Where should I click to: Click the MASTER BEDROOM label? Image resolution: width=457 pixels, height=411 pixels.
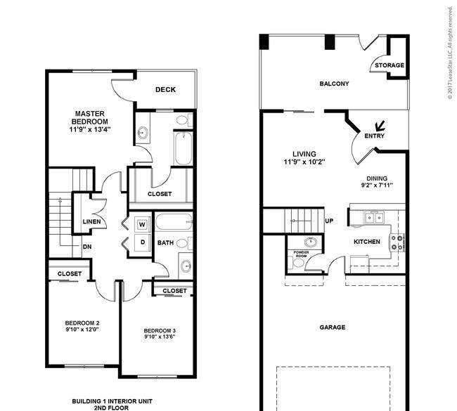coord(90,117)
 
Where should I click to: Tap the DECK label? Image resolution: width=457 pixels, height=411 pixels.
coord(165,89)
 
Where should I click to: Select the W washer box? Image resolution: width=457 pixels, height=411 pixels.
coord(142,225)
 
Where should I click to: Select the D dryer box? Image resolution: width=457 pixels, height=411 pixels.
coord(142,242)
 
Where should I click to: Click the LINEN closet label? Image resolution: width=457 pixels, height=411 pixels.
coord(91,223)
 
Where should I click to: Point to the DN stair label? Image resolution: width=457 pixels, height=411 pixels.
coord(88,247)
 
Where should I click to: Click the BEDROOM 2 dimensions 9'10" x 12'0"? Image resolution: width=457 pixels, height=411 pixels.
coord(82,328)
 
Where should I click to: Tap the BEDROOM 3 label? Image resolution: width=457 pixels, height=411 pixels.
coord(159,330)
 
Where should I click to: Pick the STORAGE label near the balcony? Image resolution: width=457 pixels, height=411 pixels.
coord(389,65)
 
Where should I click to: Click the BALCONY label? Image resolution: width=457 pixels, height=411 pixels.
coord(334,84)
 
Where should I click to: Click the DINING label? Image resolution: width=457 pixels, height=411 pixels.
coord(376,178)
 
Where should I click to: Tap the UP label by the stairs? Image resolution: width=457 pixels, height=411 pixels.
coord(329,221)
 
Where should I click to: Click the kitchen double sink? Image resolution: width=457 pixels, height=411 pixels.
coord(373,218)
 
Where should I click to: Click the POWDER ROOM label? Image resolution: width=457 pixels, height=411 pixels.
coord(302,254)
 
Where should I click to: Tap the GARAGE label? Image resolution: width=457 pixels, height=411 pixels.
coord(333,327)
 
